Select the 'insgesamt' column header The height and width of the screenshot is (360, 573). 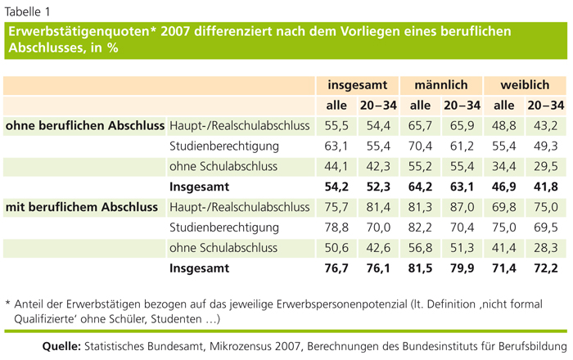359,85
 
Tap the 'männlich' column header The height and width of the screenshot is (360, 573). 440,85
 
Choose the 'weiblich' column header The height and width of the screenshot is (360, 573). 525,85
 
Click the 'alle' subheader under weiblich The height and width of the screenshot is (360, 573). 504,106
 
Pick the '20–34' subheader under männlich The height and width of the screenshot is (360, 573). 462,106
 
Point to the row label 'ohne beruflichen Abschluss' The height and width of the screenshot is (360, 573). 84,125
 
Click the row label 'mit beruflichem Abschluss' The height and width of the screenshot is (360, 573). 82,207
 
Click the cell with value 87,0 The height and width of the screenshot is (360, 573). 462,207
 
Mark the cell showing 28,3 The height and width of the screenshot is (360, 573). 546,248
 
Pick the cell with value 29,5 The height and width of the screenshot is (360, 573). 546,166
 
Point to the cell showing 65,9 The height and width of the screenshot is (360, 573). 462,125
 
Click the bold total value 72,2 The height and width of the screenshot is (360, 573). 546,268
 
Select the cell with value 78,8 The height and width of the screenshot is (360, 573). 336,227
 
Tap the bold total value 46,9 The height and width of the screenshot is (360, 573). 504,187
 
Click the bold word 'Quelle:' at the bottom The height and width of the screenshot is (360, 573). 60,346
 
